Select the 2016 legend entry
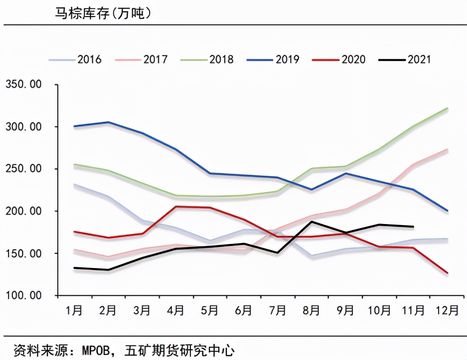(76, 59)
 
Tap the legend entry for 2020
(339, 59)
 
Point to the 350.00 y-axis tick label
(24, 85)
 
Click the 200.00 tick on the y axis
(24, 211)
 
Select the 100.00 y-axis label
(24, 295)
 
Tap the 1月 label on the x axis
(74, 311)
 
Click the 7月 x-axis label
(278, 311)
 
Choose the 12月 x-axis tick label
(446, 311)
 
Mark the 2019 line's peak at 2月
(108, 122)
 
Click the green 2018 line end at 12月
(448, 108)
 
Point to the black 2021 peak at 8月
(312, 222)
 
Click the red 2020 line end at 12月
(448, 273)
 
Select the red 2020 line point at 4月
(176, 207)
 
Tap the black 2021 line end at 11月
(413, 226)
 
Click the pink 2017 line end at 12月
(448, 150)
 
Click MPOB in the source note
(98, 351)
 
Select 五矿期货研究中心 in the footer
(180, 351)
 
